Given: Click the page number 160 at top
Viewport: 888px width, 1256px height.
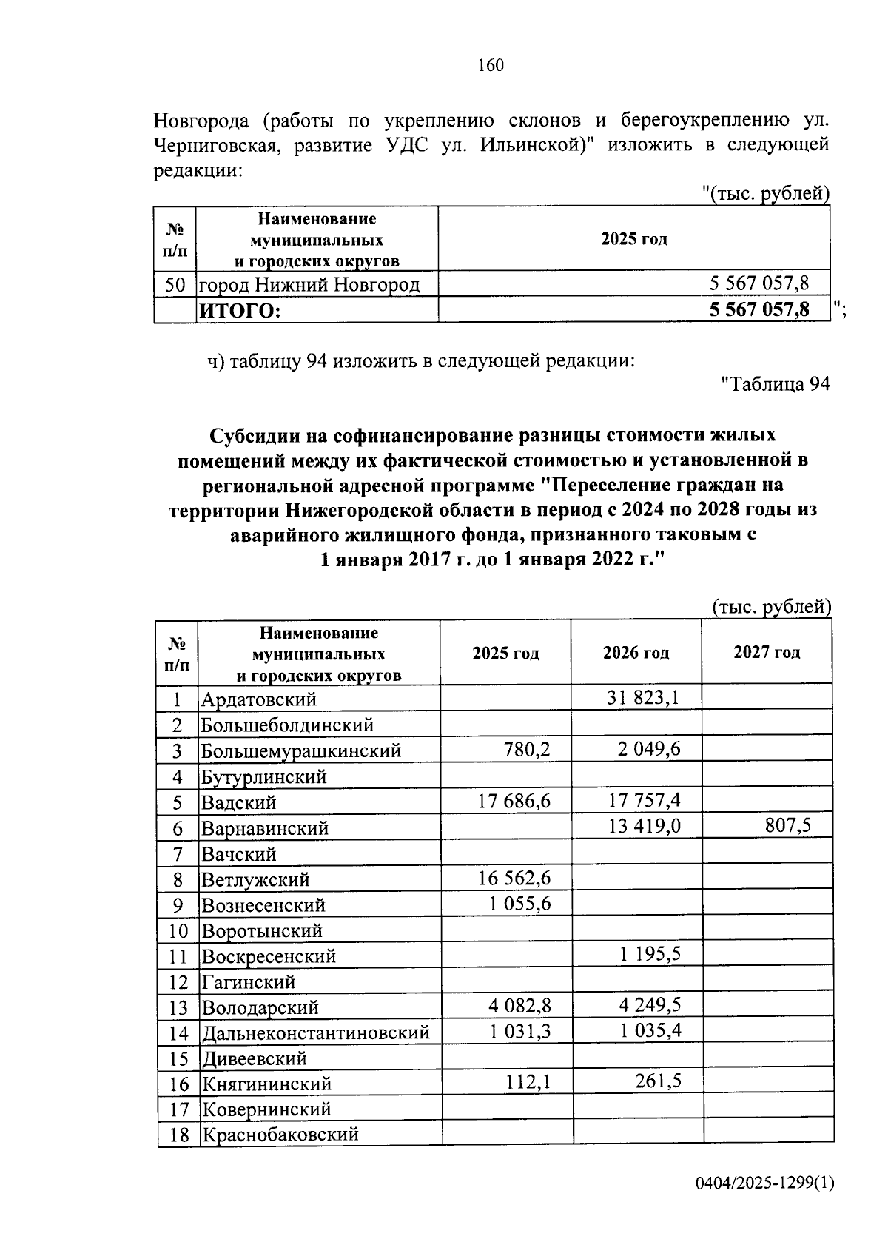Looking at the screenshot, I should [491, 66].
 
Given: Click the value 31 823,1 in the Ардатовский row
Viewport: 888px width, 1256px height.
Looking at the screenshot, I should [643, 697].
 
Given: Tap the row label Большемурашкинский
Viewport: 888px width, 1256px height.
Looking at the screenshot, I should [301, 750].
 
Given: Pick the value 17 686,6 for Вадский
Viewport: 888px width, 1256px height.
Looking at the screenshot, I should [515, 800].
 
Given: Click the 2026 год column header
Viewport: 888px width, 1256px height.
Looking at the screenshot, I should [636, 653].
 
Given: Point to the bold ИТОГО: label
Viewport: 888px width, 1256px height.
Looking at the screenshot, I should [239, 311].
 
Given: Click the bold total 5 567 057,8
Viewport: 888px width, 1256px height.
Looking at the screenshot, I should [759, 309].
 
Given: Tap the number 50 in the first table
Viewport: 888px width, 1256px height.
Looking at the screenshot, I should [175, 284].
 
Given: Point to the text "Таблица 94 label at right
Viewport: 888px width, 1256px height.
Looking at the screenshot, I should [775, 384].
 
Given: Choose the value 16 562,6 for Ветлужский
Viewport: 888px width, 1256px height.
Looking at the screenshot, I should [515, 878].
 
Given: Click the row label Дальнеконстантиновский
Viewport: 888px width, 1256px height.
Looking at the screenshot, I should [316, 1032].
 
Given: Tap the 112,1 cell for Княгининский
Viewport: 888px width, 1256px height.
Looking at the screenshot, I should [528, 1082].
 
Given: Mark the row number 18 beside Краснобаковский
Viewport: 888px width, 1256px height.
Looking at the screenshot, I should [179, 1135].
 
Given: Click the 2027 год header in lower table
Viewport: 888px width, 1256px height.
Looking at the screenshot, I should [767, 653].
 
